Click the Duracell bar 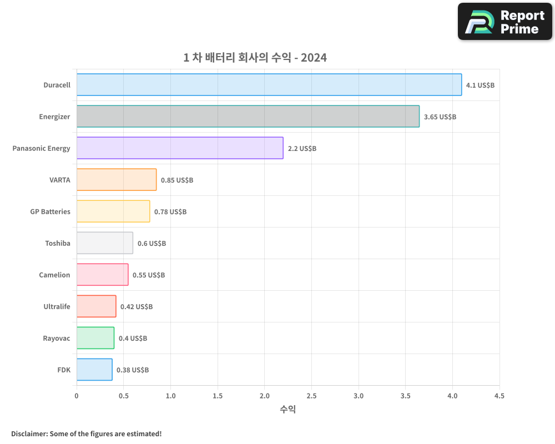(x=269, y=85)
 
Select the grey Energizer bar (x=248, y=117)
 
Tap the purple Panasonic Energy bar (x=180, y=148)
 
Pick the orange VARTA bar (x=117, y=180)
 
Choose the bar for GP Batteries (x=113, y=211)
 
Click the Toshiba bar (x=105, y=243)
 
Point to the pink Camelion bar (x=103, y=275)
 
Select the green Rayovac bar (x=95, y=338)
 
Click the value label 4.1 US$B (x=480, y=85)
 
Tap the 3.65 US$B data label (x=440, y=117)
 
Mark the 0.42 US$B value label (x=137, y=307)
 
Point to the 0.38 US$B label (x=133, y=370)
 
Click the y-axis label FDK (x=64, y=370)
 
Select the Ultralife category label (x=57, y=306)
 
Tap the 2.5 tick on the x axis (x=311, y=396)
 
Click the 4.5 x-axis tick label (x=499, y=396)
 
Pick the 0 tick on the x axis (x=77, y=396)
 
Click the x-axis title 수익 (x=287, y=410)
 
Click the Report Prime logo (x=504, y=22)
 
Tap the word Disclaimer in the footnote (x=28, y=433)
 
